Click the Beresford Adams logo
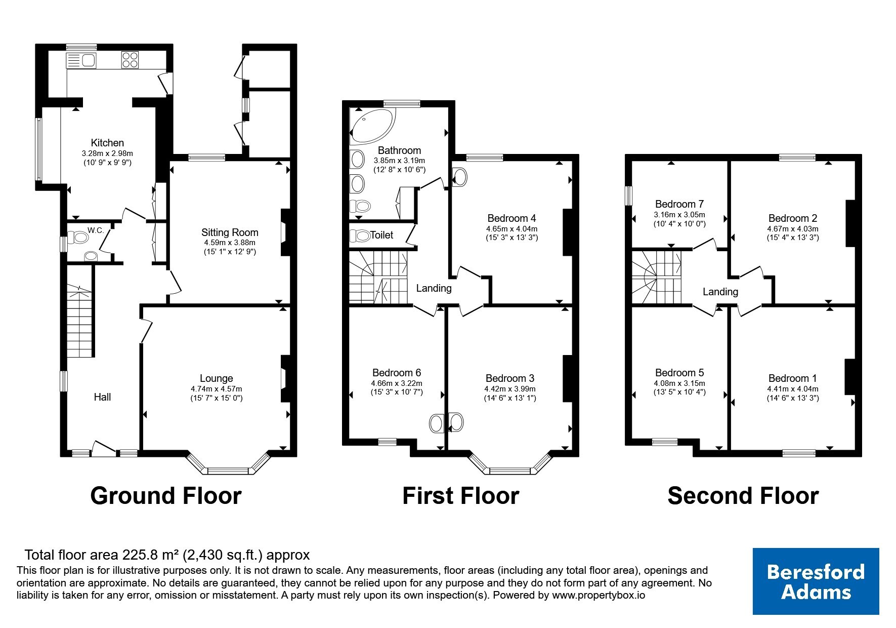coord(816,581)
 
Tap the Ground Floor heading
coord(166,496)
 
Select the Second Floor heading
coord(743,496)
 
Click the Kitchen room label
coord(107,143)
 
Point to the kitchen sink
coord(81,61)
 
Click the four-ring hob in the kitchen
coord(130,60)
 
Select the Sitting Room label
coord(230,232)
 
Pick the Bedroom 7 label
coord(679,204)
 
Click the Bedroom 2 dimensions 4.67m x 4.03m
coord(793,229)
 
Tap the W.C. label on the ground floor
coord(96,230)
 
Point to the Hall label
coord(102,397)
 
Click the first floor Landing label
coord(434,288)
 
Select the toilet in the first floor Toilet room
coord(360,235)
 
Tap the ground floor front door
coord(104,447)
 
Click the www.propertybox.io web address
coord(599,596)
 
